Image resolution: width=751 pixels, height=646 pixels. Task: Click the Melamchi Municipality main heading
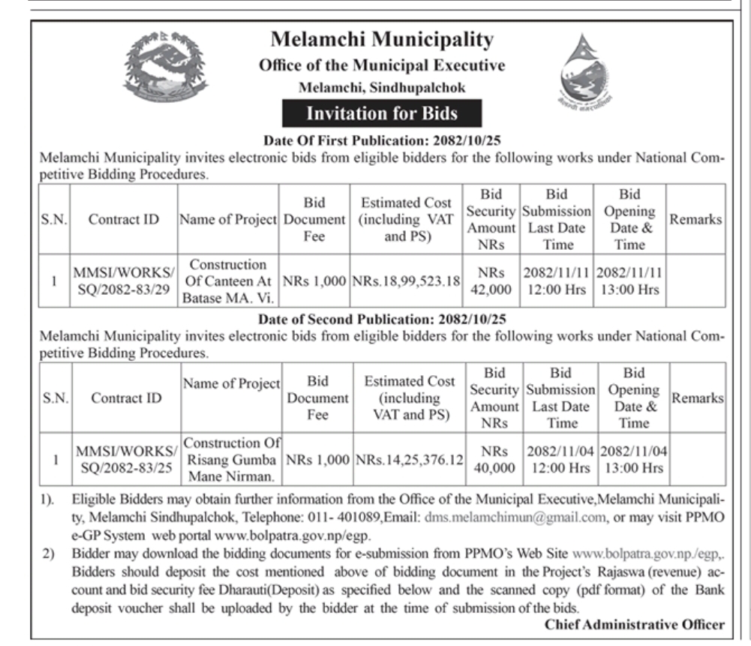tap(382, 40)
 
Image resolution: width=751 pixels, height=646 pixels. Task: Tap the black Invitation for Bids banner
tap(382, 114)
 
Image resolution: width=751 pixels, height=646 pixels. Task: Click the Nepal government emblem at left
tap(167, 68)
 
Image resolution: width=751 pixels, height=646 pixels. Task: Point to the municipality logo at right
tap(586, 73)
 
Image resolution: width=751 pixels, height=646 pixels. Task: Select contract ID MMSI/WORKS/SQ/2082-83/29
tap(123, 281)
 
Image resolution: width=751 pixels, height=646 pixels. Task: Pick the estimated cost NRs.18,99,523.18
tap(407, 281)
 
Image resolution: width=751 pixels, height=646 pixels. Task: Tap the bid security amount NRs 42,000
tap(491, 281)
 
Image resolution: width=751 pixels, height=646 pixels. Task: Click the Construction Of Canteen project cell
tap(228, 281)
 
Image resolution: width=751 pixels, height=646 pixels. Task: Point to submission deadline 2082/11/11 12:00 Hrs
tap(557, 281)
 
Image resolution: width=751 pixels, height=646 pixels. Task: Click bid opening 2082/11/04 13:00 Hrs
tap(634, 460)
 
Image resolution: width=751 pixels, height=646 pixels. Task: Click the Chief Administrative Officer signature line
tap(635, 624)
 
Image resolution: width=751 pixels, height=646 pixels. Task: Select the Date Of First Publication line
tap(382, 140)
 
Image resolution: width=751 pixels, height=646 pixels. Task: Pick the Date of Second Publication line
tap(382, 318)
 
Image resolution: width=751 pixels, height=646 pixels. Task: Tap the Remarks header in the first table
tap(695, 219)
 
